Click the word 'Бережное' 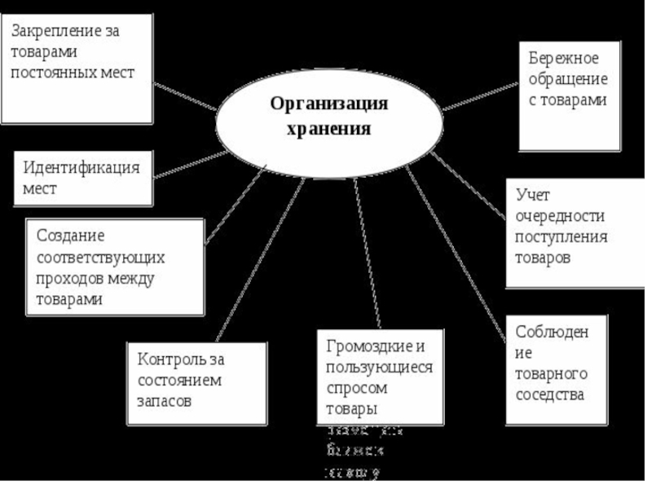tap(563, 59)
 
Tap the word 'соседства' tap(549, 394)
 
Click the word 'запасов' tap(165, 402)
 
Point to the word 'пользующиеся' tap(378, 367)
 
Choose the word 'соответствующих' tap(100, 258)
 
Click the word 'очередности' tap(559, 217)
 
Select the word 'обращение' tap(567, 80)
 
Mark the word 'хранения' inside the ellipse tap(329, 129)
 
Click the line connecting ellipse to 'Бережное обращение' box tap(481, 95)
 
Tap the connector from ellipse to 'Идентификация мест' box tap(189, 165)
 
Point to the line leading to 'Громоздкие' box tap(368, 253)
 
